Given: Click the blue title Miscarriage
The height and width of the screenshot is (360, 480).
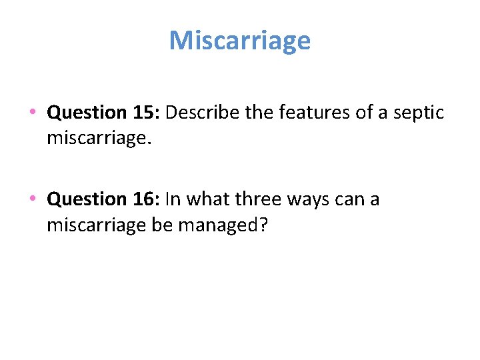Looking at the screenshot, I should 240,41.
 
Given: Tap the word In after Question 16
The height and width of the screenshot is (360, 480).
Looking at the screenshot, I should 173,199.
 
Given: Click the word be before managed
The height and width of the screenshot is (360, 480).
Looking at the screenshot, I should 162,225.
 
